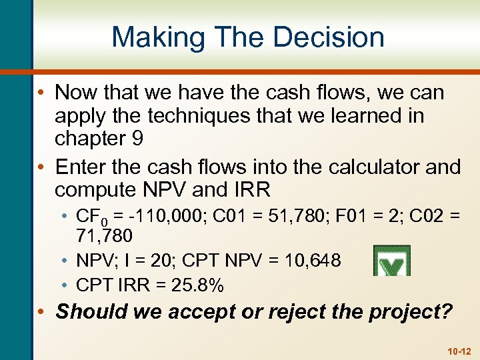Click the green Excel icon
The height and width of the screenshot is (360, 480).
[391, 261]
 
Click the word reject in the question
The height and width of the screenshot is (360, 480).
[300, 312]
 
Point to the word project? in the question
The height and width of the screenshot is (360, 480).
[414, 312]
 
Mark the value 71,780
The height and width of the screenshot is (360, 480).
[105, 235]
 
